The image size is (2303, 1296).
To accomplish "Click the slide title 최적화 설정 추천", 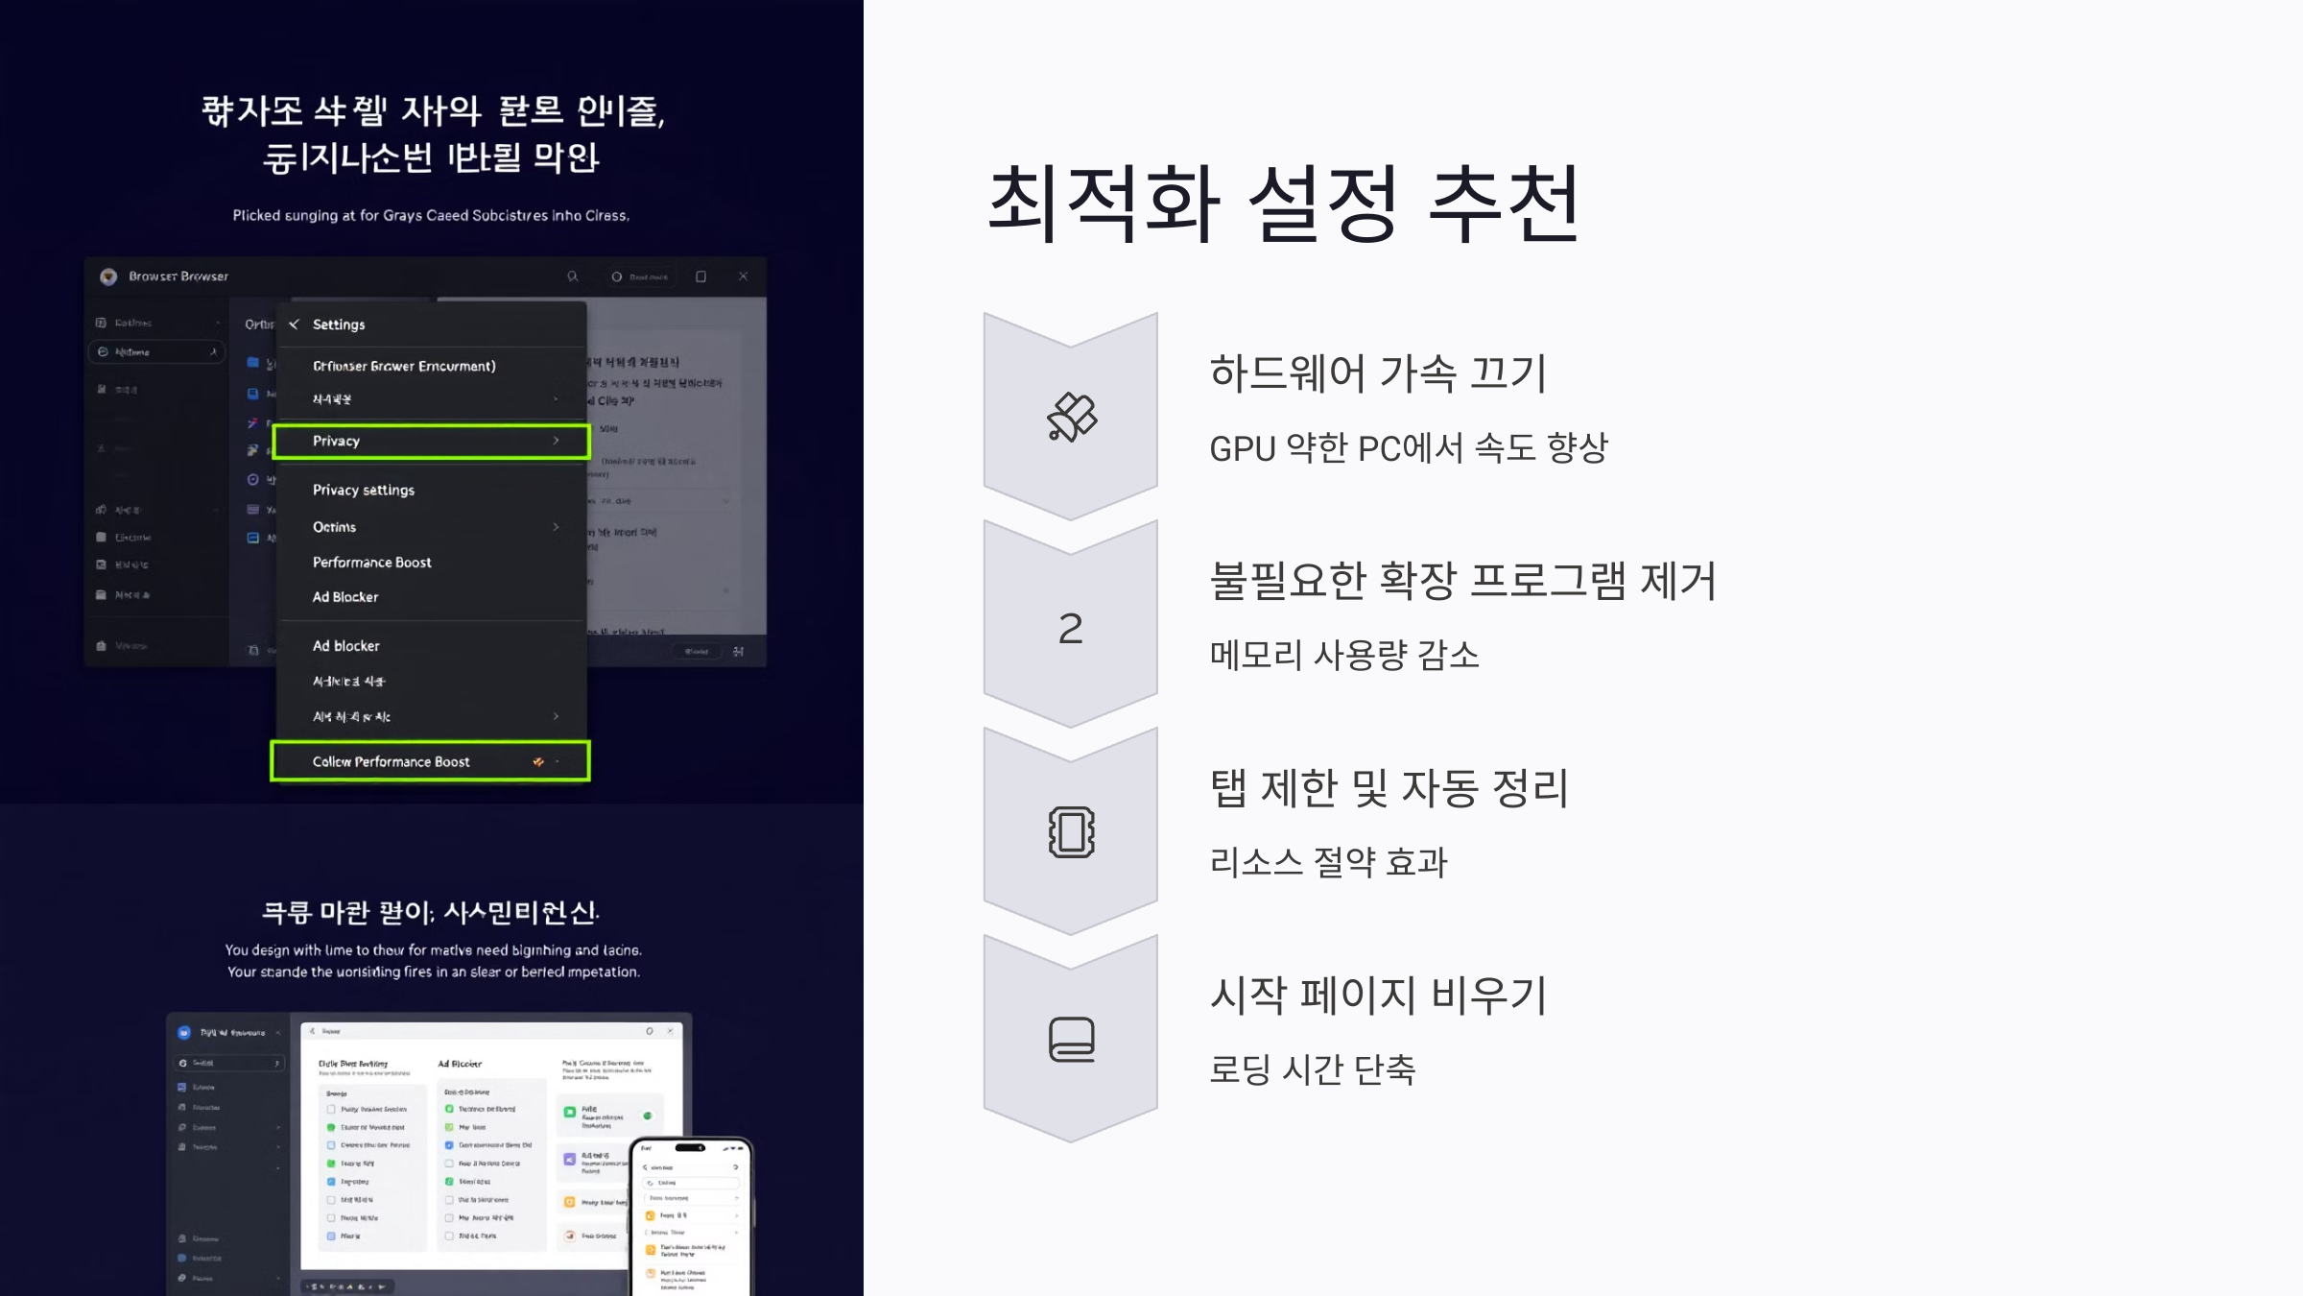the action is tap(1283, 203).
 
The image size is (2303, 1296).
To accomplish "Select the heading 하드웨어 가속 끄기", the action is tap(1378, 373).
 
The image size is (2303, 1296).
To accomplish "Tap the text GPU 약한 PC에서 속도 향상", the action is tap(1408, 448).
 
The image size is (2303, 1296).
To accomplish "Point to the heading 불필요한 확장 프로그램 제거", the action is tap(1462, 581).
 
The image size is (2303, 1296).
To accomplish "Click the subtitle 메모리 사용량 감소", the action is tap(1343, 656).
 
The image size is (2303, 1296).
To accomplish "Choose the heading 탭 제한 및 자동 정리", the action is tap(1389, 788).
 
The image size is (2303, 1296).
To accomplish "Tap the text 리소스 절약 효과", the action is tap(1328, 862).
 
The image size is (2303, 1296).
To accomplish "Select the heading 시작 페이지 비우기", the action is tap(1378, 996).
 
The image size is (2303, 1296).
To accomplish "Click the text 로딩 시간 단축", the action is tap(1312, 1069).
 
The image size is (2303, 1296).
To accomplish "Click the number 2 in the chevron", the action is tap(1071, 629).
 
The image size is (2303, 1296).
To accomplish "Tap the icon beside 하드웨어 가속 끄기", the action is tap(1071, 418).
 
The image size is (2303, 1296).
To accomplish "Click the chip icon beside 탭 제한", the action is tap(1071, 832).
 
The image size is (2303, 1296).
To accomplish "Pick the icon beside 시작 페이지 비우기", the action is tap(1071, 1040).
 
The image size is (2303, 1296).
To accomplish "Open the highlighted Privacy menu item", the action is tap(431, 441).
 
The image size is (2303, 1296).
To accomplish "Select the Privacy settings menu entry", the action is tap(364, 490).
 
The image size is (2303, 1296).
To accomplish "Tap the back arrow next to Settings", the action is tap(295, 324).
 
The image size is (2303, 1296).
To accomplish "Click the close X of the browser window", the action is tap(743, 276).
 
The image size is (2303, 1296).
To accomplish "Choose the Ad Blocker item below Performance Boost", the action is tap(345, 597).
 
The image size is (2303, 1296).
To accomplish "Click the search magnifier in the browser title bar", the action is tap(573, 276).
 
